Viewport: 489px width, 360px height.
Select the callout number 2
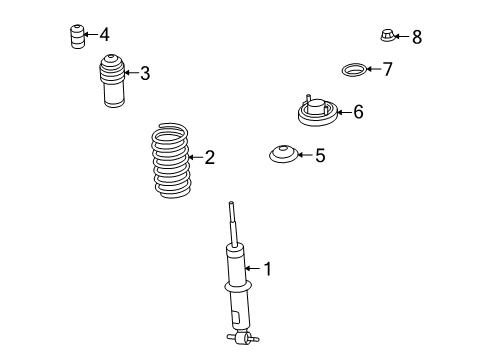tap(209, 156)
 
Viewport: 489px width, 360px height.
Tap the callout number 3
tap(145, 72)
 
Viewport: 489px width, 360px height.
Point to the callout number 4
tap(104, 34)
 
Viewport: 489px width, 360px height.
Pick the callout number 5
tap(320, 155)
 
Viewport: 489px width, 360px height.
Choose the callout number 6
tap(358, 111)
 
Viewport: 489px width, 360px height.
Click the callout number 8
tap(417, 37)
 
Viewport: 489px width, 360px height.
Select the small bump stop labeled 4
tap(75, 36)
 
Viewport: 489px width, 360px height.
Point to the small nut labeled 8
tap(388, 36)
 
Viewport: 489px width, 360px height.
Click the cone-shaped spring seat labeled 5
tap(284, 155)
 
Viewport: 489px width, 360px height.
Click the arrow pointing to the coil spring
tap(196, 156)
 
